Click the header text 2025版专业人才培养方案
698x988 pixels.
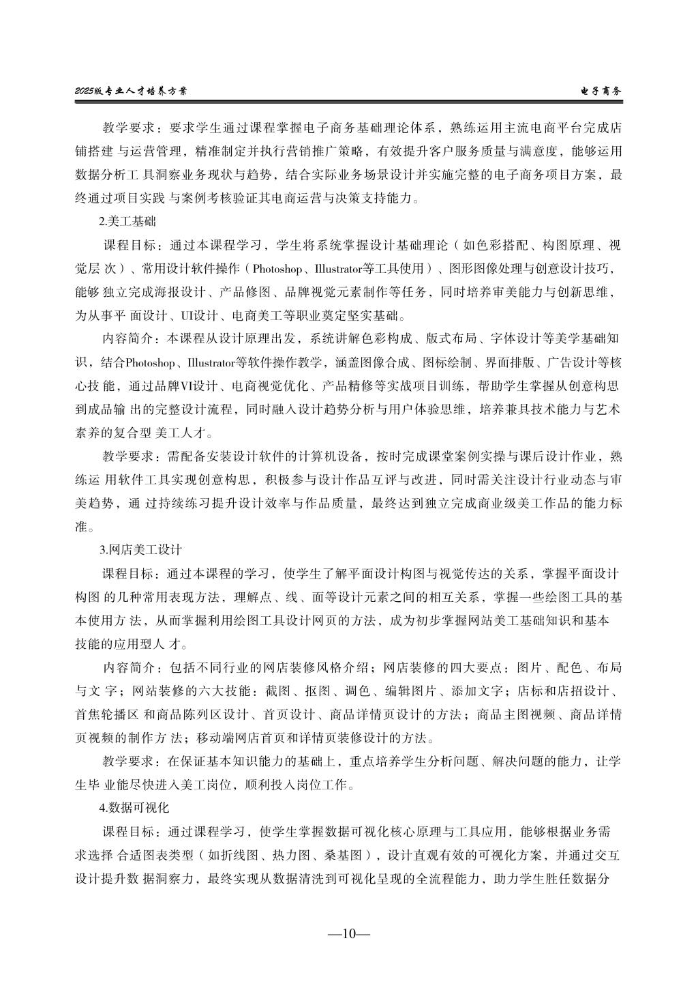(131, 90)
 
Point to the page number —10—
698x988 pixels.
(348, 933)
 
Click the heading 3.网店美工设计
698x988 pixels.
(140, 549)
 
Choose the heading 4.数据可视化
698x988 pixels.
(134, 807)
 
